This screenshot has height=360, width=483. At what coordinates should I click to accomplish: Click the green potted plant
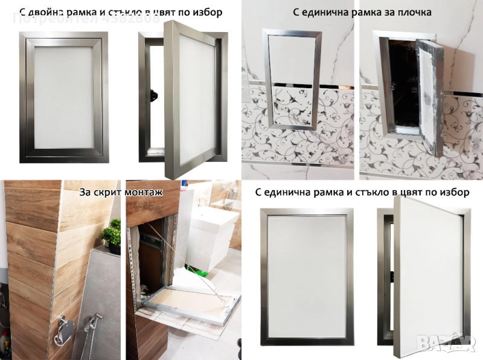(x=111, y=233)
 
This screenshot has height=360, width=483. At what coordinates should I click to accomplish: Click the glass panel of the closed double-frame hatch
(x=63, y=97)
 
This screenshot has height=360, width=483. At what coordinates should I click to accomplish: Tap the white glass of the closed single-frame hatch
(x=306, y=278)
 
